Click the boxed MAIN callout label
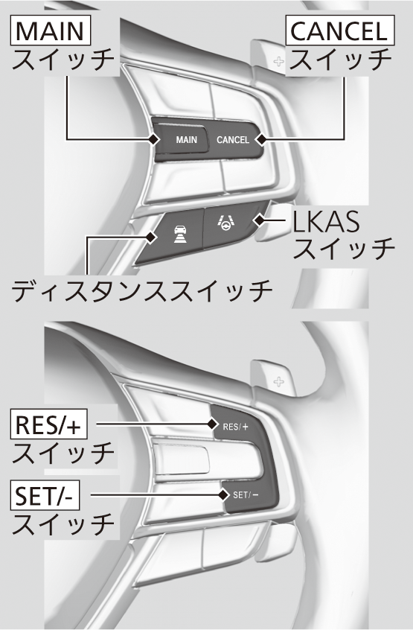[51, 31]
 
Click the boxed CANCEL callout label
[339, 31]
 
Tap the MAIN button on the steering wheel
[182, 140]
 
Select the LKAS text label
[326, 221]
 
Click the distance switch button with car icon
[173, 237]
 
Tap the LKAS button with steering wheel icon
[228, 225]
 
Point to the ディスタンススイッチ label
[141, 290]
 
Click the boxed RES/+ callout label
[48, 424]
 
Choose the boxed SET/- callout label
[45, 495]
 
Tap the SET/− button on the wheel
[249, 495]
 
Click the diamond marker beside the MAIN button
[153, 139]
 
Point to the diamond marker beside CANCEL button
[261, 139]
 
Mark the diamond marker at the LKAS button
[259, 220]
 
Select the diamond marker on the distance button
[150, 237]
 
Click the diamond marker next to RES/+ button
[212, 424]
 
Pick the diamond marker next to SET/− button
[223, 495]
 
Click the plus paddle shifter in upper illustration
[269, 58]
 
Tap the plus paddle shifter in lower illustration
[273, 380]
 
